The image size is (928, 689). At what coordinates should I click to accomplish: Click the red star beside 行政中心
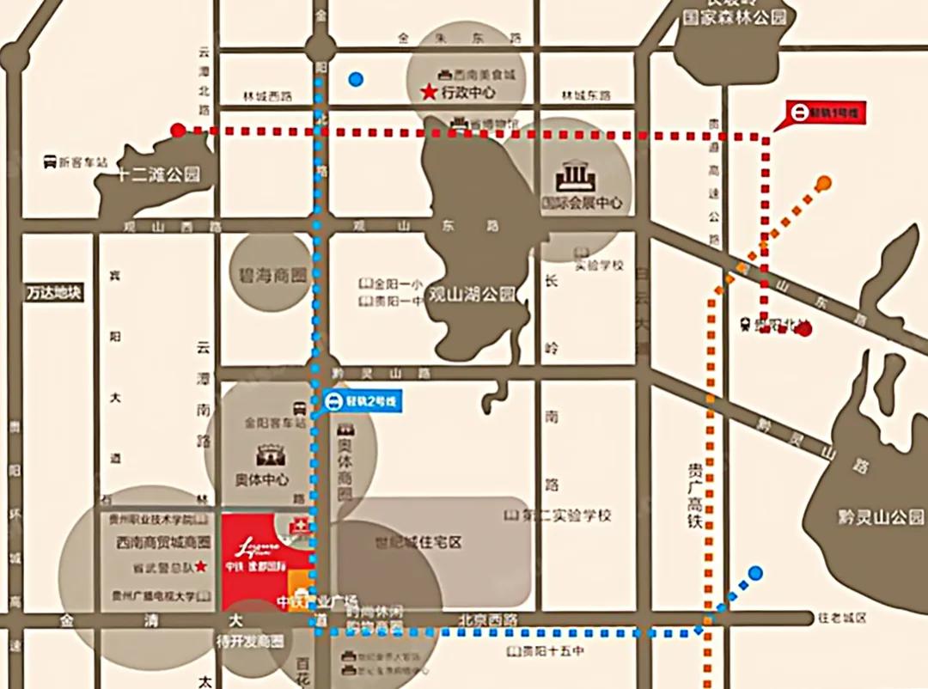428,92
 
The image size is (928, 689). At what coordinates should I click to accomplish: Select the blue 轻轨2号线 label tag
362,400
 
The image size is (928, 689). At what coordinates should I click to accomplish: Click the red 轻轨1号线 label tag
827,113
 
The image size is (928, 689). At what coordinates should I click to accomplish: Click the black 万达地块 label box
53,292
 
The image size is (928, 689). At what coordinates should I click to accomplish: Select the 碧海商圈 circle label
272,276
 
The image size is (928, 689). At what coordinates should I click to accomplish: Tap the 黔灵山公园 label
882,517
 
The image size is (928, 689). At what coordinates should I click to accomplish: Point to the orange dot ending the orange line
823,182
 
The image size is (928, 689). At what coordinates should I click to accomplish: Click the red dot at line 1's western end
178,131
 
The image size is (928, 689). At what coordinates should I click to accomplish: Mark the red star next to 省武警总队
200,566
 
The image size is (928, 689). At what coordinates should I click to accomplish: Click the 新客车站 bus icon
51,162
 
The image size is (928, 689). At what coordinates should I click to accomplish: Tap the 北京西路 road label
489,618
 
